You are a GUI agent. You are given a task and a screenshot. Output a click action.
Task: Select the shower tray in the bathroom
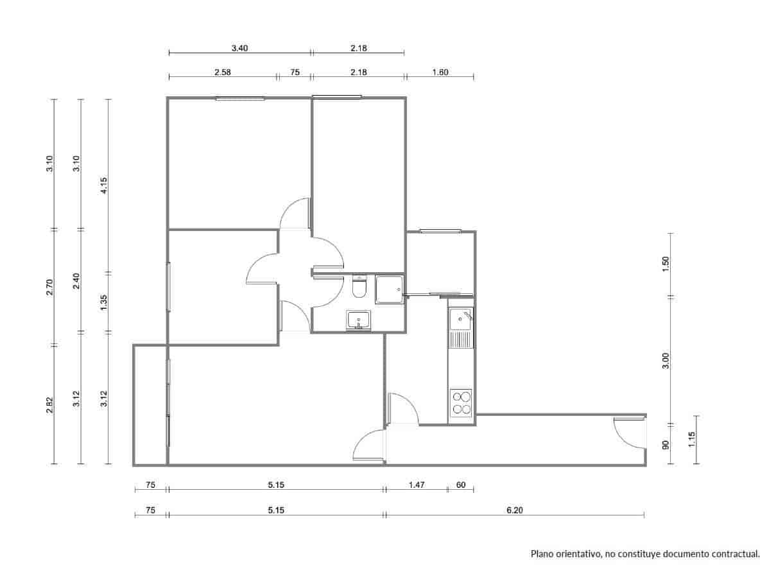click(x=389, y=290)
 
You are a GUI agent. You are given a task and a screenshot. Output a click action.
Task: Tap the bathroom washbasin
click(x=358, y=320)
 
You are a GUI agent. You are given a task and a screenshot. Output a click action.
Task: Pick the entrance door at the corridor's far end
click(x=629, y=433)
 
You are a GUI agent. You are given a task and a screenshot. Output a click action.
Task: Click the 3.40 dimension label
click(x=240, y=48)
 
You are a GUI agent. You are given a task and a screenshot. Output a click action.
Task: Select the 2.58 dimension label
click(x=223, y=73)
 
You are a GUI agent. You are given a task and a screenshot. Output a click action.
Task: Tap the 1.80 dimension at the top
click(x=440, y=73)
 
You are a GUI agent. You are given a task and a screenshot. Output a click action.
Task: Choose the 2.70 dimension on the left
click(x=50, y=287)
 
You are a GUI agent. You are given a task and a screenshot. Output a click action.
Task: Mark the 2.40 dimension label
click(x=76, y=281)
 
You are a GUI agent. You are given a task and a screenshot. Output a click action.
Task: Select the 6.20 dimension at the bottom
click(x=515, y=510)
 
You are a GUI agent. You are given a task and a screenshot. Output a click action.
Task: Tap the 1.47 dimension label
click(x=416, y=485)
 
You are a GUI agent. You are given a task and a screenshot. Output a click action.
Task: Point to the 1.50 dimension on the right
click(x=666, y=264)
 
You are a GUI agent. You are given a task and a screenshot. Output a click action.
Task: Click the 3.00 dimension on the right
click(x=666, y=361)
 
